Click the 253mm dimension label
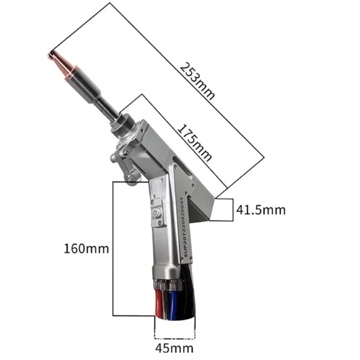tap(198, 81)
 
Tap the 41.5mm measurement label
tap(261, 210)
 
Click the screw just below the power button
tap(158, 221)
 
